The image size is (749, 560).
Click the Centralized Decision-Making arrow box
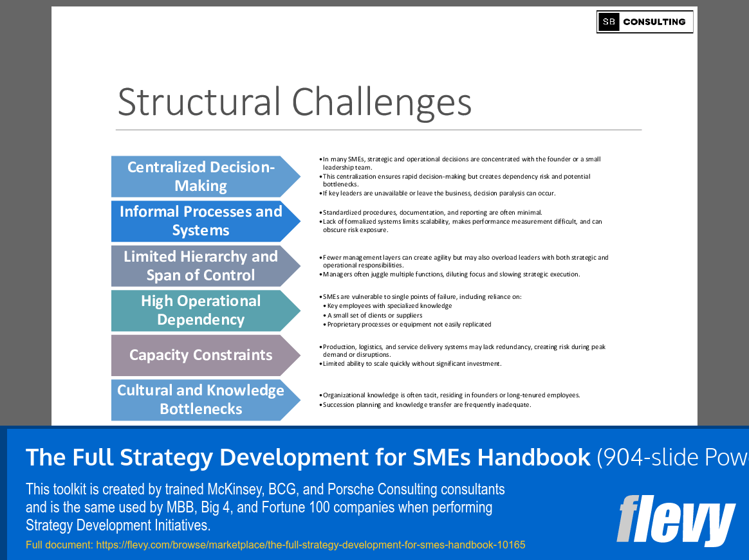point(201,176)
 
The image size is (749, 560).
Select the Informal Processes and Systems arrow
point(201,221)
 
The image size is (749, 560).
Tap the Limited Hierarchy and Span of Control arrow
point(201,266)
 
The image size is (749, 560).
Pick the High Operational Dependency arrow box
point(201,311)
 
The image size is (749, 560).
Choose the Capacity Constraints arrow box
point(201,355)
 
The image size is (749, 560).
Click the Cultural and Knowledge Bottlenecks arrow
point(201,400)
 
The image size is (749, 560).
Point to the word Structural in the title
point(199,102)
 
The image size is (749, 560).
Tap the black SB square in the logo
point(609,22)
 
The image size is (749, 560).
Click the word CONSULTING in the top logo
point(654,22)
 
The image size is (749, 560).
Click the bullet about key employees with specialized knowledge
point(389,306)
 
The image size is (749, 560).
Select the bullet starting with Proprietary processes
point(409,324)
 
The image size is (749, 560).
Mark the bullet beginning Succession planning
point(427,404)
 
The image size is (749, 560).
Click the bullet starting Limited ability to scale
point(412,363)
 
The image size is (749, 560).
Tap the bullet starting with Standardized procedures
point(432,212)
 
